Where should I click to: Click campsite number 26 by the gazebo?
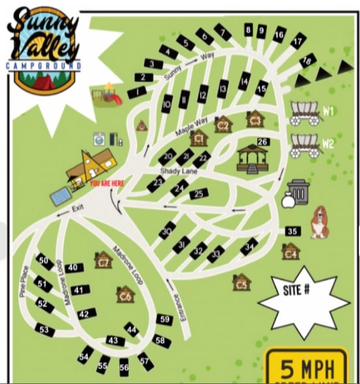point(262,142)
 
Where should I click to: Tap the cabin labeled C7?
point(104,260)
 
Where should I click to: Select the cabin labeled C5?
point(241,282)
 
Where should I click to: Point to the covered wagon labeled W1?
point(305,113)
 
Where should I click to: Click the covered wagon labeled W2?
point(305,145)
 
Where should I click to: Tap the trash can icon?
point(298,192)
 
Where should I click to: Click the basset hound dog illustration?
point(319,222)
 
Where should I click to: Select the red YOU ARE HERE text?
point(108,181)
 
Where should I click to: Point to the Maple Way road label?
point(192,127)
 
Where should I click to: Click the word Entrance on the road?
point(178,306)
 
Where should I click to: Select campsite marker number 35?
point(293,231)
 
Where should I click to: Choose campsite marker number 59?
point(164,319)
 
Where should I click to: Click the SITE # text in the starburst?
point(296,290)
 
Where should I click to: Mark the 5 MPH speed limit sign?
point(306,367)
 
